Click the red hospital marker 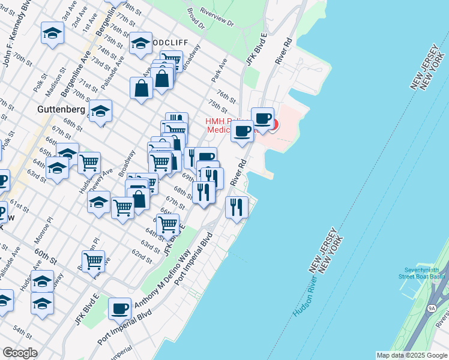pos(274,125)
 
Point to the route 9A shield pos(432,308)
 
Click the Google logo pos(19,353)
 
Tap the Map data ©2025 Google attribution pos(412,355)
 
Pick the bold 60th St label pos(45,253)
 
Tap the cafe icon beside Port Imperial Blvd pos(120,308)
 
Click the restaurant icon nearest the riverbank pos(237,207)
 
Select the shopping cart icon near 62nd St pos(94,260)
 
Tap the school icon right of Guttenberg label pos(100,111)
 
